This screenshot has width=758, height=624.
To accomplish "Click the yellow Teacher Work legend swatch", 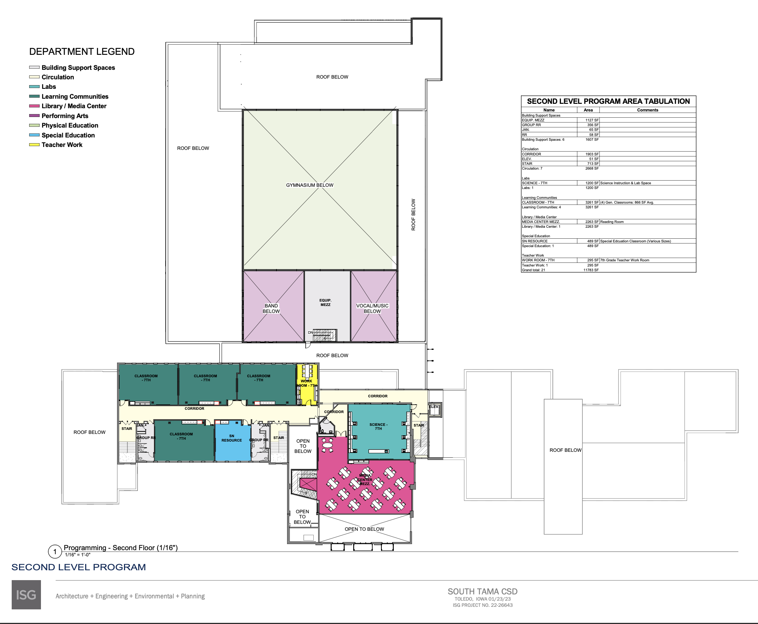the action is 34,145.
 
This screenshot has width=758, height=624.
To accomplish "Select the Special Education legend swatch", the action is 34,135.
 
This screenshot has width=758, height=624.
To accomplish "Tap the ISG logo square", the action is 26,595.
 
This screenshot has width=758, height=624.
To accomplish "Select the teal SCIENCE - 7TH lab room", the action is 379,431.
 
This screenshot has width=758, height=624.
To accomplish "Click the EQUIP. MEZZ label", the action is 325,303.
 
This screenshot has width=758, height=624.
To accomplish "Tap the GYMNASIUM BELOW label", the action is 310,185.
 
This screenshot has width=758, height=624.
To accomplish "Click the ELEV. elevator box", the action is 434,410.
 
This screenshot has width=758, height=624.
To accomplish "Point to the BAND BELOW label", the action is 271,309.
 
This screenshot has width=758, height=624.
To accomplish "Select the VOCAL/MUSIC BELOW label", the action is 372,309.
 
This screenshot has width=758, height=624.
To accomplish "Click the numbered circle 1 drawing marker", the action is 55,552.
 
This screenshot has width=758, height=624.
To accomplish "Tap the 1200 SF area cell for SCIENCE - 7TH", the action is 592,183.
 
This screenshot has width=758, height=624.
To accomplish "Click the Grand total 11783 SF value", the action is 591,270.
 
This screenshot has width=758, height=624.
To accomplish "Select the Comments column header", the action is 648,110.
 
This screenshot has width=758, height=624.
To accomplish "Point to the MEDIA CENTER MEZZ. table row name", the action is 541,222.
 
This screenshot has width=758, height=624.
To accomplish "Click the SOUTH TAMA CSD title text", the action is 483,591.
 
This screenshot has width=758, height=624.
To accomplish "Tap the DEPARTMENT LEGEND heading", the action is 82,52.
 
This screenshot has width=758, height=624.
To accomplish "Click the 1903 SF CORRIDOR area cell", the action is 592,154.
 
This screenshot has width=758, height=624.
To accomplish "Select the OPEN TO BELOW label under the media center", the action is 365,529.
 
